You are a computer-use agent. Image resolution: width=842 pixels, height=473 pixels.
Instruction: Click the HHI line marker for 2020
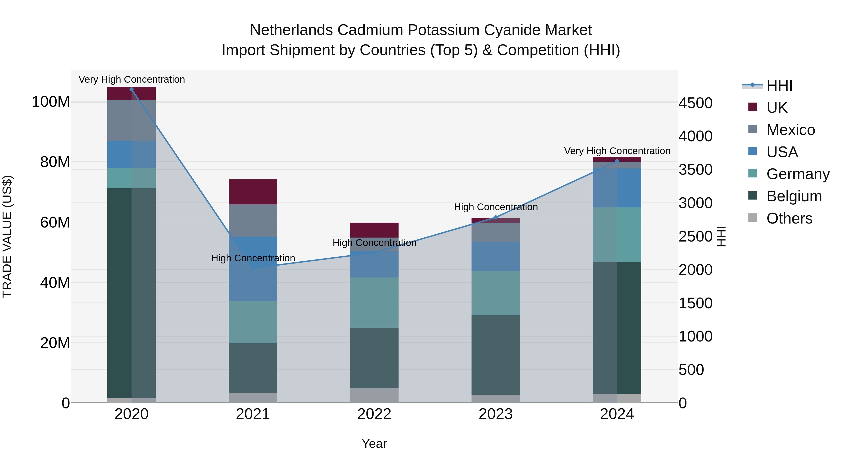point(131,89)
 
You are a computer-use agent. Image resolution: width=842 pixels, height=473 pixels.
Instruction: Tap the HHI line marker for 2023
point(496,217)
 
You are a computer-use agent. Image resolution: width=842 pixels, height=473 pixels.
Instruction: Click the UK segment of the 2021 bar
point(253,192)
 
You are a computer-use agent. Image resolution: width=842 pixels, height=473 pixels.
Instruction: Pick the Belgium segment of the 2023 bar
point(496,355)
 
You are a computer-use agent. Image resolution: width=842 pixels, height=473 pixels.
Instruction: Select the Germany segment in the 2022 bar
point(374,302)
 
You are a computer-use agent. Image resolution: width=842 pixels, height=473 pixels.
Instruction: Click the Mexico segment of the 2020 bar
point(131,121)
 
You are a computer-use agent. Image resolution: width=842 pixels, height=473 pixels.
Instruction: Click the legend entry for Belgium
point(794,196)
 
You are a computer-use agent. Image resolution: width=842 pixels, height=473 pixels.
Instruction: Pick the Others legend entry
point(789,218)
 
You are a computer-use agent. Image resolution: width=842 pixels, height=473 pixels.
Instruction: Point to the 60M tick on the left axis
point(55,222)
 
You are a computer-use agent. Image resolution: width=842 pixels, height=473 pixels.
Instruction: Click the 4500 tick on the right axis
point(696,103)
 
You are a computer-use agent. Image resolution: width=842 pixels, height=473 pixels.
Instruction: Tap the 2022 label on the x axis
point(374,414)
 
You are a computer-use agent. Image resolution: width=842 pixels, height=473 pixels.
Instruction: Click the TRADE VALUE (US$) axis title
point(7,236)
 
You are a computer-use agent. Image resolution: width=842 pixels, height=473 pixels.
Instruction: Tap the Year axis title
point(374,444)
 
